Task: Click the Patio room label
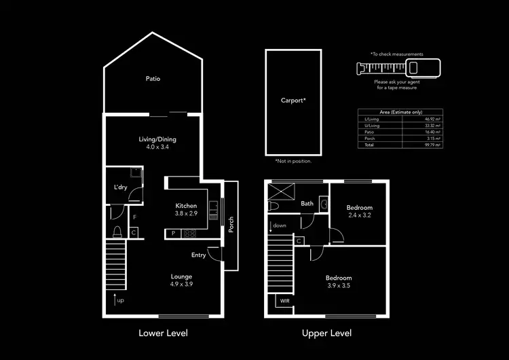(153, 79)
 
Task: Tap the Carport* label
(293, 101)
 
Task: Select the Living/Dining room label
(153, 140)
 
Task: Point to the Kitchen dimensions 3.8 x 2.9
(186, 214)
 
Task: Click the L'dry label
(120, 187)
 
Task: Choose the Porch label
(231, 225)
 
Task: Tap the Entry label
(198, 255)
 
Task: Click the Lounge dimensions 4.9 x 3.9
(181, 285)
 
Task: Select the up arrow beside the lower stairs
(115, 299)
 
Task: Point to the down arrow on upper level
(270, 226)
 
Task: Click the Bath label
(307, 203)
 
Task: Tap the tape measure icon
(398, 67)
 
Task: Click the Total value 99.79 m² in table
(432, 145)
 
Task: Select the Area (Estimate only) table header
(400, 112)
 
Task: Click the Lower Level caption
(163, 334)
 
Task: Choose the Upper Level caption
(326, 334)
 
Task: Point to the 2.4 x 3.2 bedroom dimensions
(358, 216)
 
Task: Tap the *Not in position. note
(293, 161)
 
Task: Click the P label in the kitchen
(174, 234)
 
